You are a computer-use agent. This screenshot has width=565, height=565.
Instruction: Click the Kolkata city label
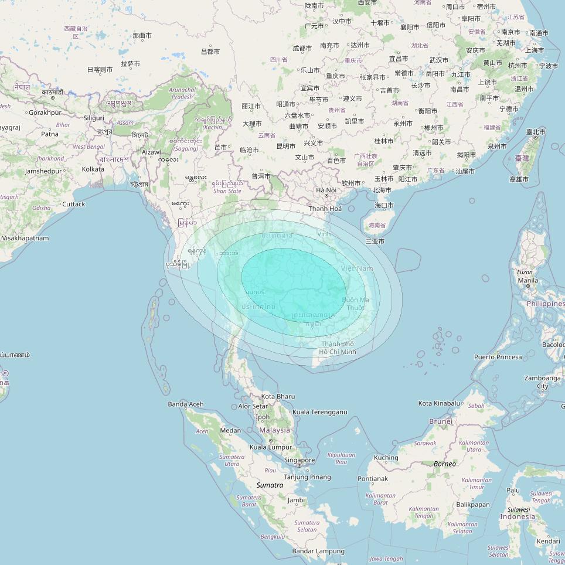point(93,169)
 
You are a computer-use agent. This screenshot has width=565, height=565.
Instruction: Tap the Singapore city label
point(299,460)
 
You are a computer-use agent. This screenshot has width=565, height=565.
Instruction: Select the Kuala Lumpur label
point(271,447)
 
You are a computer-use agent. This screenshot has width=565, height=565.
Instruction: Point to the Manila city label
point(527,280)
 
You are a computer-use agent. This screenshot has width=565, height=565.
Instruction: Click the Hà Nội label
point(326,190)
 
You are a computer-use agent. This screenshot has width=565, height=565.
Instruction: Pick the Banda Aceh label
point(186,404)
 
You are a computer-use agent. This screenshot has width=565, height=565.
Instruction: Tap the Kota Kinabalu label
point(439,403)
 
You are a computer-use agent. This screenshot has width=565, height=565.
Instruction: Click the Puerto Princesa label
point(498,357)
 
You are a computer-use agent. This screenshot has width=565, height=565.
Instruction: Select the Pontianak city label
point(373,479)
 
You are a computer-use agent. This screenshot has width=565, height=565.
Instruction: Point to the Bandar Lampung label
point(318,551)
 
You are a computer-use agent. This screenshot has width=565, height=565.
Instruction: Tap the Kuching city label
point(386,458)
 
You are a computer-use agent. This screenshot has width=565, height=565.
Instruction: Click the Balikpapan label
point(472,505)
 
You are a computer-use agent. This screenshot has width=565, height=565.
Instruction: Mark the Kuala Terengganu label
point(319,413)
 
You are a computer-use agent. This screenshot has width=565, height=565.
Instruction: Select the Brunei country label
point(441,421)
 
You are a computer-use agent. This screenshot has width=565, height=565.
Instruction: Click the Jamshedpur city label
point(43,171)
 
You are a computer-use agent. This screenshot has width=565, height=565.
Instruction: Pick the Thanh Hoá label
point(325,209)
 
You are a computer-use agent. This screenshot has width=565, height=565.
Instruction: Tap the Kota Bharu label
point(278,397)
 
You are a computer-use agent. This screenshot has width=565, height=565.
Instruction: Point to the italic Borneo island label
point(444,464)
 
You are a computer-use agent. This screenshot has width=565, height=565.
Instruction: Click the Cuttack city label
point(73,204)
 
